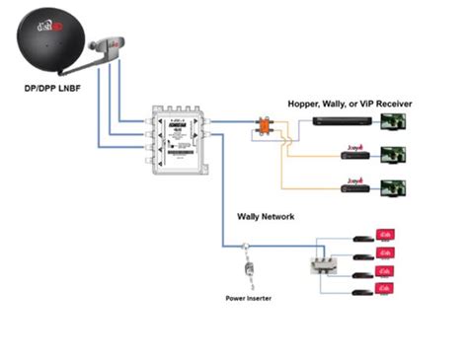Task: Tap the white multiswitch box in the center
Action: (x=179, y=139)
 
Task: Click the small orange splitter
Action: (x=265, y=125)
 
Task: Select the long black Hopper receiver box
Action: (x=343, y=120)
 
